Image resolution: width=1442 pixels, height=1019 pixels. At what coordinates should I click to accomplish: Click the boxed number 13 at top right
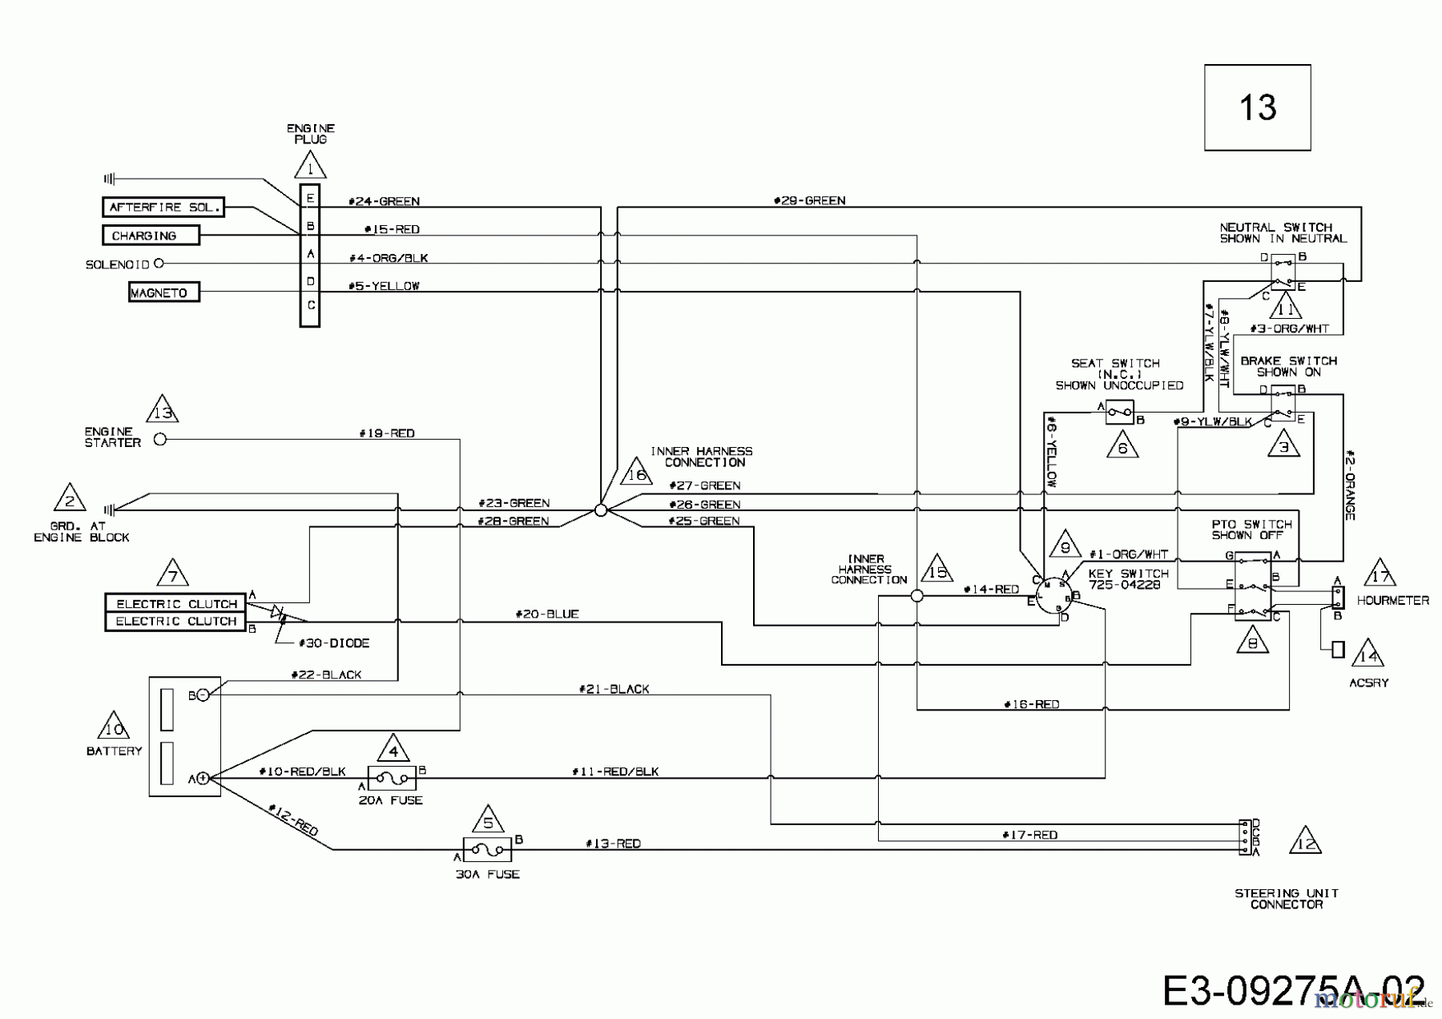click(1257, 107)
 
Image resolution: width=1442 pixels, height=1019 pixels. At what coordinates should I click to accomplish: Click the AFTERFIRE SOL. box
click(163, 207)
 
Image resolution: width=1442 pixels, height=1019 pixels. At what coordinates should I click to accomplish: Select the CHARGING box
click(151, 236)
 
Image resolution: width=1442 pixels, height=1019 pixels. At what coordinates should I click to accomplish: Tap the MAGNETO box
click(163, 292)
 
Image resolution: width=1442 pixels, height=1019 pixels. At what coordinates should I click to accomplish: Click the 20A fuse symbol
click(392, 777)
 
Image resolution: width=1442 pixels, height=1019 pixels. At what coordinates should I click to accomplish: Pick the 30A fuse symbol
click(487, 850)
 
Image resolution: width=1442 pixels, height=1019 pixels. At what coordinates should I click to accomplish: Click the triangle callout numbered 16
click(637, 473)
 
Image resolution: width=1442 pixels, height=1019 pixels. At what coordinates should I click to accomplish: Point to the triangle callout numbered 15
click(936, 570)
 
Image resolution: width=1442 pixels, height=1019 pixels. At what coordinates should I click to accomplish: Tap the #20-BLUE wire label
click(547, 614)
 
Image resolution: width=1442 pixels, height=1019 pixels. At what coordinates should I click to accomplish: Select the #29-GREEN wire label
click(809, 200)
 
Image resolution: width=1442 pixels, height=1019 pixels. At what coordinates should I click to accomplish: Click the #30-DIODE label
click(333, 643)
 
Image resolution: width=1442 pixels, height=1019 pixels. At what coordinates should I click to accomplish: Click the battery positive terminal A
click(203, 778)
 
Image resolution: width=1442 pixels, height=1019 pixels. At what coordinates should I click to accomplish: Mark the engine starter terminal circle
click(159, 439)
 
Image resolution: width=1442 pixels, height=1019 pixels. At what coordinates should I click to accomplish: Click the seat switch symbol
click(1119, 413)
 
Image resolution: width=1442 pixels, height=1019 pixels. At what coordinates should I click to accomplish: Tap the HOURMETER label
click(1392, 600)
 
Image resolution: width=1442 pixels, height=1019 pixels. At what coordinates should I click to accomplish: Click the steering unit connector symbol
click(1245, 837)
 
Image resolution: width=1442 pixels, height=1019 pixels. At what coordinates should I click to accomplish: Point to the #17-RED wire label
click(1029, 835)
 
